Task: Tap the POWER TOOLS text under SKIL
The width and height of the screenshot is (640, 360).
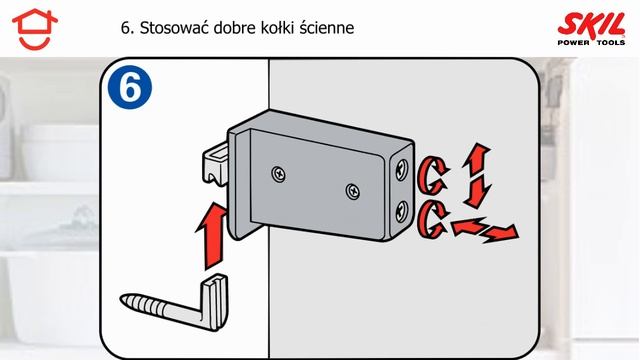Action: [x=591, y=40]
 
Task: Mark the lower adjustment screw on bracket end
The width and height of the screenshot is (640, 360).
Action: [x=401, y=210]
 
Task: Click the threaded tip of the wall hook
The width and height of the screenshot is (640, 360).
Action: [x=140, y=299]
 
